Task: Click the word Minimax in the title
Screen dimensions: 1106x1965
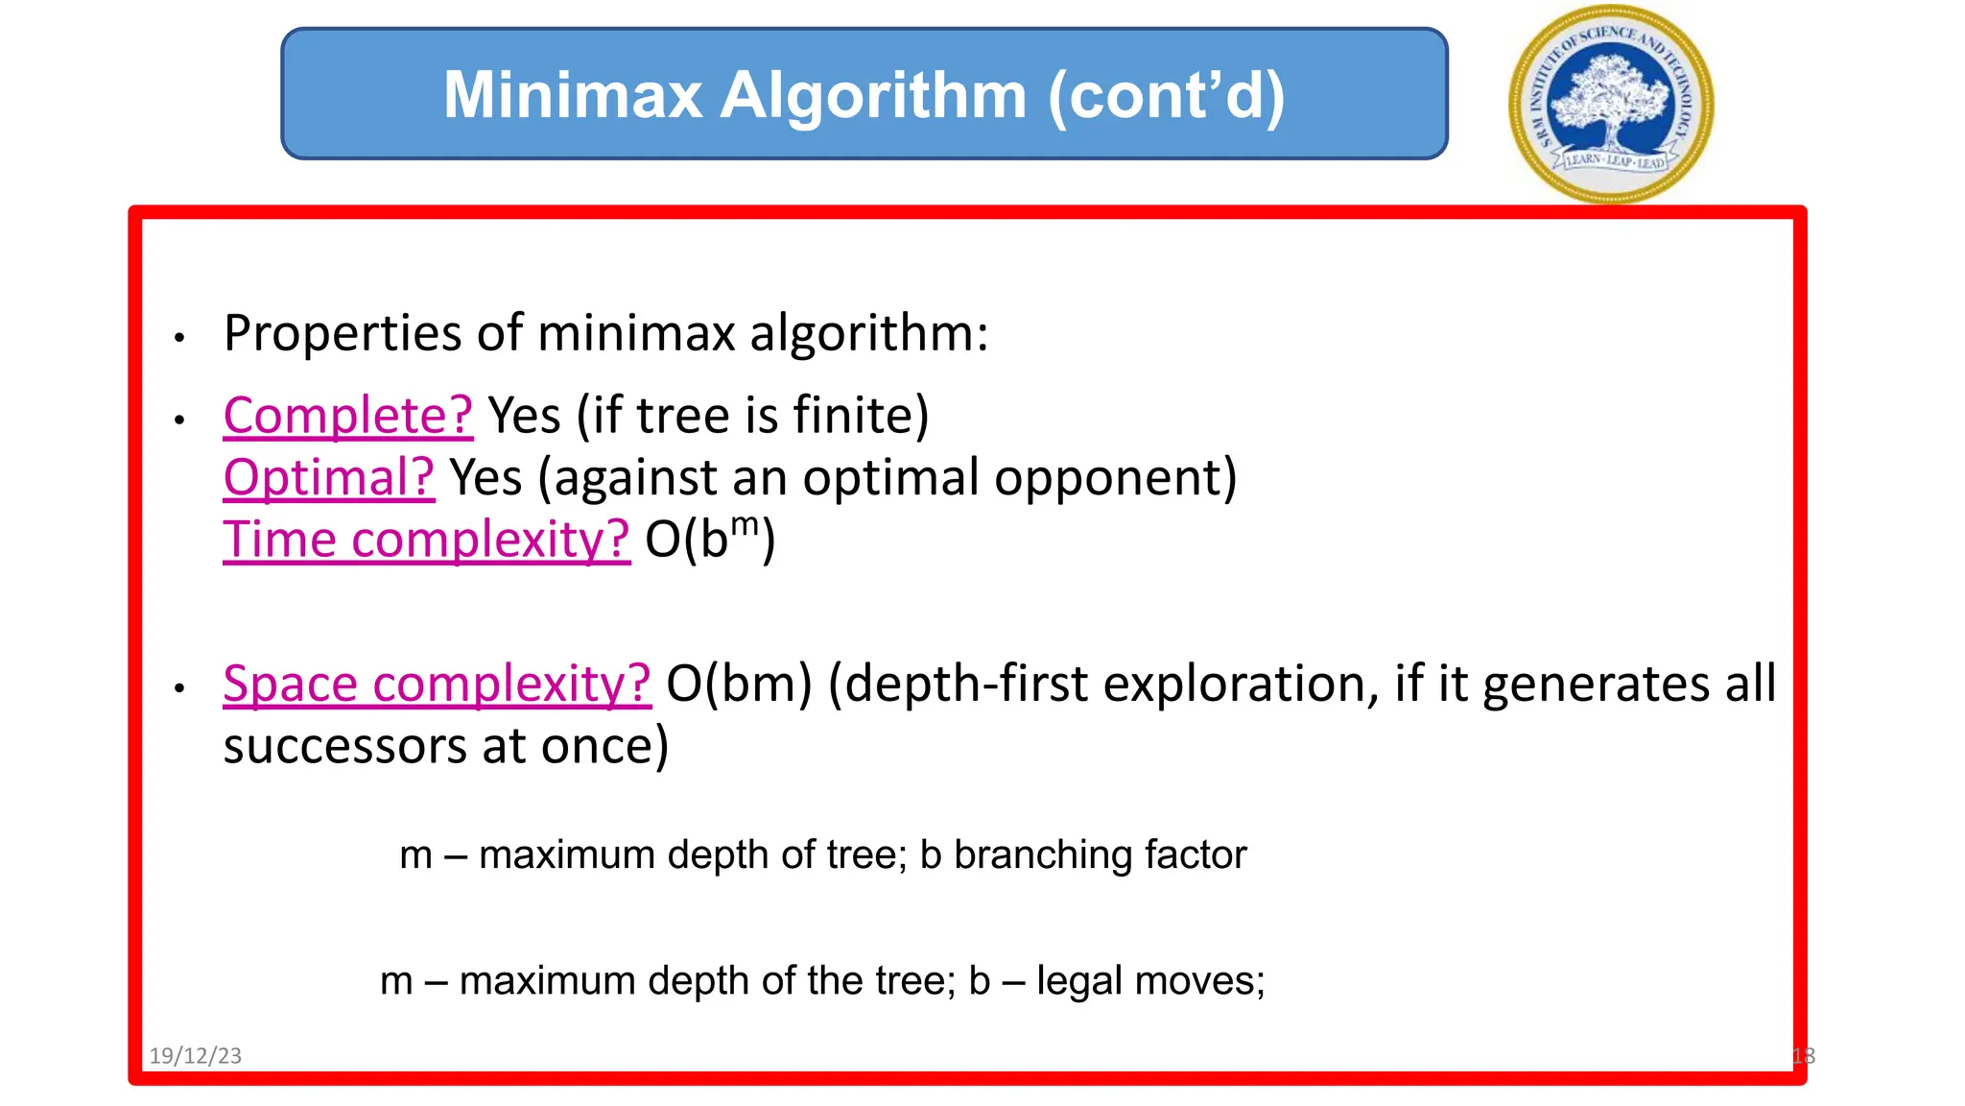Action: pos(573,96)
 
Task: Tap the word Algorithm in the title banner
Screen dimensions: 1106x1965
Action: pos(873,96)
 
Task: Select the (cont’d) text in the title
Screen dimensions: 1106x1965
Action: pos(1166,96)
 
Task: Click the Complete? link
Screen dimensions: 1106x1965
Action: pos(347,416)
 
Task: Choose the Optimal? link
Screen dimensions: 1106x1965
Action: pos(328,477)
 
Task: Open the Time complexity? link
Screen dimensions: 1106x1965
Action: pos(426,540)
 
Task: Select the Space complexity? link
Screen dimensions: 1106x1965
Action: pos(437,685)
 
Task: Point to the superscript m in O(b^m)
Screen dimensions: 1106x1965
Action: pos(745,525)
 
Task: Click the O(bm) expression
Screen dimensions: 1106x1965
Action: pos(739,685)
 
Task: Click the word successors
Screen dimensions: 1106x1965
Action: pos(345,747)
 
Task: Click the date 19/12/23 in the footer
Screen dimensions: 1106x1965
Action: pos(196,1056)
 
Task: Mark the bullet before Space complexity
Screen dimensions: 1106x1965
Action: pos(179,688)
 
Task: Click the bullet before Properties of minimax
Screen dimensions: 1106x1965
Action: pos(179,338)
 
